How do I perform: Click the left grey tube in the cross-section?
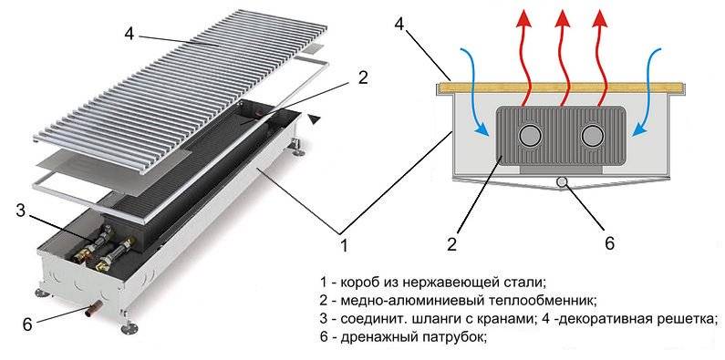point(528,136)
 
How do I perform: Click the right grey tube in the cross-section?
point(591,136)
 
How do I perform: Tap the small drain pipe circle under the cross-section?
point(562,182)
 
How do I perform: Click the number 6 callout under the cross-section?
point(610,243)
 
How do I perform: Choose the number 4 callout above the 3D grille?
point(129,34)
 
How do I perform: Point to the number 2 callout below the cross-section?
point(451,243)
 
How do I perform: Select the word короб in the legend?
point(362,282)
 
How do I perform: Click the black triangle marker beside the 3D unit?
point(315,118)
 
